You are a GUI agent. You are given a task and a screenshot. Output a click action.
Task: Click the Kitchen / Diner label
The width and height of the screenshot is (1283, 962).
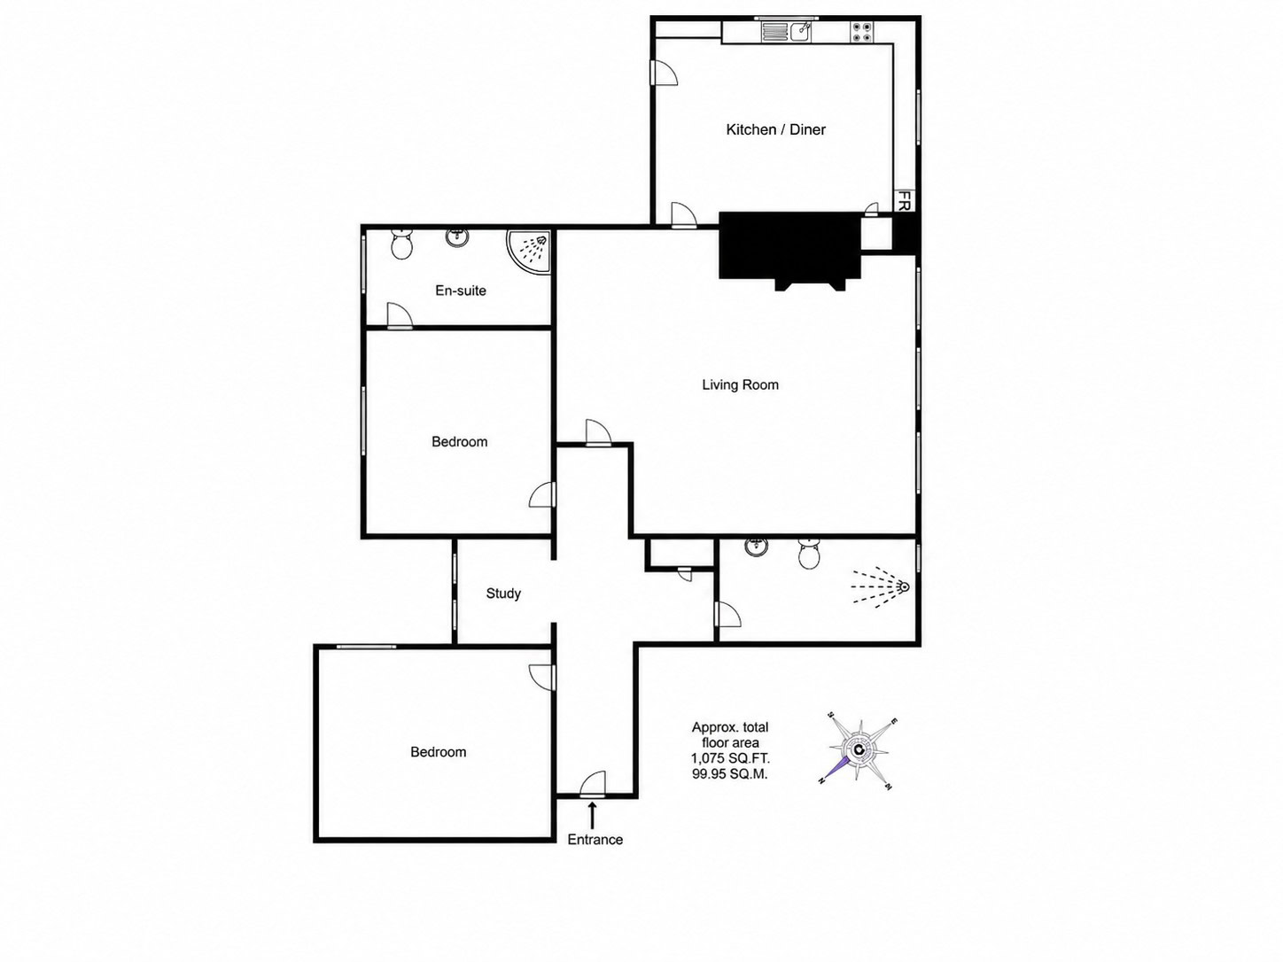click(x=775, y=129)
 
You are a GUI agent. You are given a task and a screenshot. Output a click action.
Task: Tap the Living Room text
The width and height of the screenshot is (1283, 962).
click(x=740, y=385)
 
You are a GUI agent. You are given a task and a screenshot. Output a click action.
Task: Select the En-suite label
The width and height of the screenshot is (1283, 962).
click(x=461, y=291)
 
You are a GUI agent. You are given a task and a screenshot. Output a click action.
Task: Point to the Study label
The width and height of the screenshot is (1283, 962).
click(x=503, y=593)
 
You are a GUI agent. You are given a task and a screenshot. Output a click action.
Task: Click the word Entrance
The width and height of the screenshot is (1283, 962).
click(x=595, y=840)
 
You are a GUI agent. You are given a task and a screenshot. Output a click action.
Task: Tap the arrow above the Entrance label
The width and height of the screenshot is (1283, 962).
click(x=593, y=815)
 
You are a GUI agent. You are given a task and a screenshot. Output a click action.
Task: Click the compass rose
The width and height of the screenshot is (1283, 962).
click(x=858, y=749)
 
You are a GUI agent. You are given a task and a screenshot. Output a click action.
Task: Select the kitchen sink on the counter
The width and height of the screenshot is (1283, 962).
click(x=786, y=30)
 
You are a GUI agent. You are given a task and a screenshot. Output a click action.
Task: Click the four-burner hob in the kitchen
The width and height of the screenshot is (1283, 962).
click(x=861, y=32)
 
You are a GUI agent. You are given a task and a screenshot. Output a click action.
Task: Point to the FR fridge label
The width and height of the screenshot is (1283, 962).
click(x=904, y=200)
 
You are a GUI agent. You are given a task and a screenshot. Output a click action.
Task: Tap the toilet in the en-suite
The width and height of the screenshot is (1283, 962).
click(x=401, y=244)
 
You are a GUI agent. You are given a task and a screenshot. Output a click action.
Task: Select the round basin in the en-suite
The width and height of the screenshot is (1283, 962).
click(x=456, y=237)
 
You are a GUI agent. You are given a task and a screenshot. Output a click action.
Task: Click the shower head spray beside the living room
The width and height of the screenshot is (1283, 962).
click(x=880, y=586)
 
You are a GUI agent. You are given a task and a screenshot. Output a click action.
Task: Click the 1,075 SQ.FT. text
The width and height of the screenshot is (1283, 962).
click(x=730, y=759)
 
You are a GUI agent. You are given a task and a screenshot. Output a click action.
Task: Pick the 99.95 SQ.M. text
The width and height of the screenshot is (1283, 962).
click(x=730, y=774)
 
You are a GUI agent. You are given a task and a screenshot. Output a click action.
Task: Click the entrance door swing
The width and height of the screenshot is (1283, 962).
click(x=593, y=784)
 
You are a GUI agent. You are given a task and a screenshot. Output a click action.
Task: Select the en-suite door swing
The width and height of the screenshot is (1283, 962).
click(x=400, y=316)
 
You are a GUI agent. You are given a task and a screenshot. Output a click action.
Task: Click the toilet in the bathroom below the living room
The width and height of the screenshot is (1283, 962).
click(x=810, y=553)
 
